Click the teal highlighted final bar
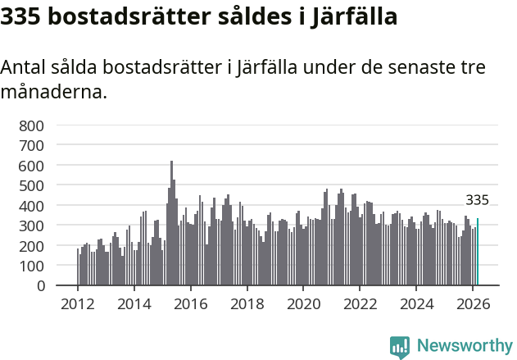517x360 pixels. (478, 253)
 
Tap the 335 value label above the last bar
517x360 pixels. (477, 200)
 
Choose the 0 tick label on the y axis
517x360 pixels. (39, 286)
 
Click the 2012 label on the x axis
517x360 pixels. (78, 303)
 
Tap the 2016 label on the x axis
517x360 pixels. (190, 303)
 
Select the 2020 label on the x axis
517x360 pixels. (303, 303)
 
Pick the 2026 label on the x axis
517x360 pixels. (473, 303)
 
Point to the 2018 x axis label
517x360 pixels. (247, 303)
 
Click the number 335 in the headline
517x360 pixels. (22, 16)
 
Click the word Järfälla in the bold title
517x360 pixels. (354, 16)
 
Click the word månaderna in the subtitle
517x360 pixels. (53, 91)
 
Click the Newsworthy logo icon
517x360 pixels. (400, 347)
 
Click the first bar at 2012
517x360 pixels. (78, 267)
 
